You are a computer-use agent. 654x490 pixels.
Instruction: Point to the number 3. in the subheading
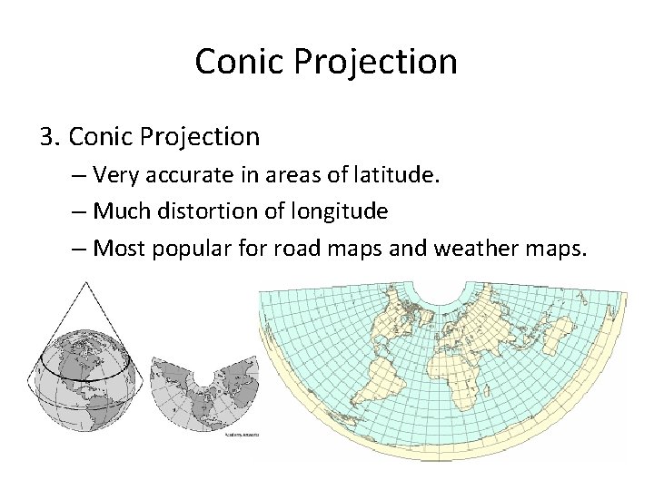(x=50, y=136)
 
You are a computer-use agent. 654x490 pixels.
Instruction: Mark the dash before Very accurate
(x=76, y=174)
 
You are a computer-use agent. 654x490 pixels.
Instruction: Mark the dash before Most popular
(x=76, y=247)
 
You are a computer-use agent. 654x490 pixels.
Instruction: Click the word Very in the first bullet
(x=114, y=174)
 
